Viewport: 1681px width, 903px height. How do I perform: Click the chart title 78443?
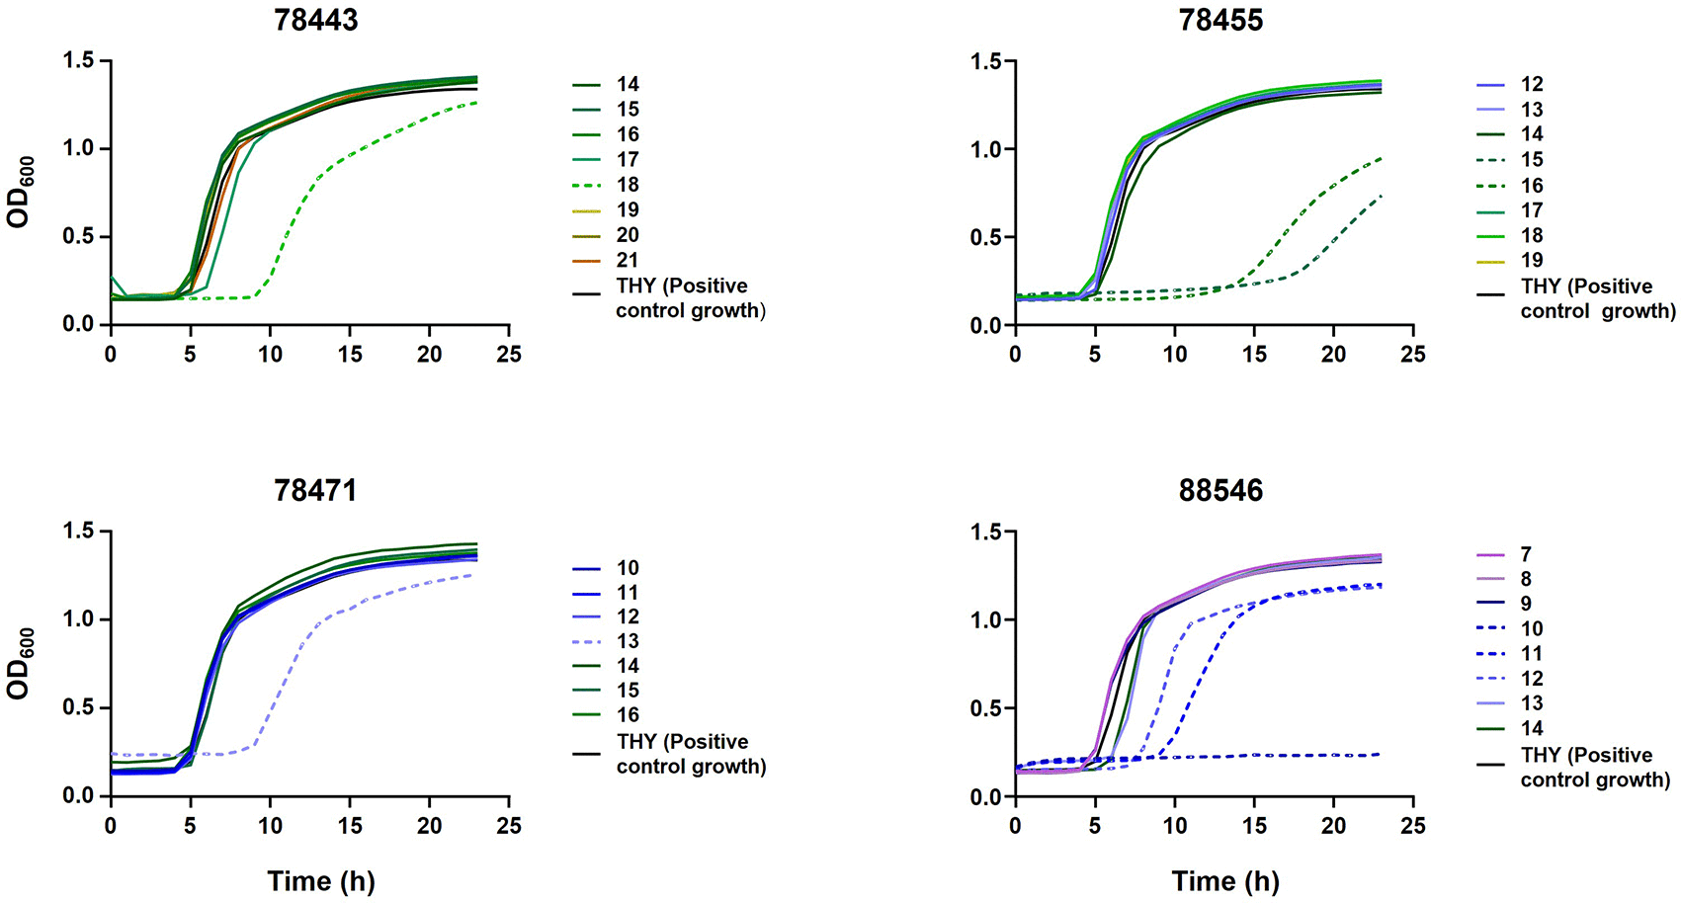point(315,20)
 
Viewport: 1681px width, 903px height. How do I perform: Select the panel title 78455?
point(1220,20)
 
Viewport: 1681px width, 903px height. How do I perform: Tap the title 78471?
point(315,490)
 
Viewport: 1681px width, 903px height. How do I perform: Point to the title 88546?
point(1220,490)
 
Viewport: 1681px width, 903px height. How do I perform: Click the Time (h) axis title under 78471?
point(321,881)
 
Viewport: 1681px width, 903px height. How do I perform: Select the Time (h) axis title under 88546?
point(1225,881)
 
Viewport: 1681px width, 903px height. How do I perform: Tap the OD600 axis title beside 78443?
point(20,192)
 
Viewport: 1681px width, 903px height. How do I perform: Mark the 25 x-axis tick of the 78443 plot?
point(509,354)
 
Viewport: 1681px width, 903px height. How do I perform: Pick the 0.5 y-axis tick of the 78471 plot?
point(79,708)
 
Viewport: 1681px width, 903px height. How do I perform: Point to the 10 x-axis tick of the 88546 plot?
point(1174,826)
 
